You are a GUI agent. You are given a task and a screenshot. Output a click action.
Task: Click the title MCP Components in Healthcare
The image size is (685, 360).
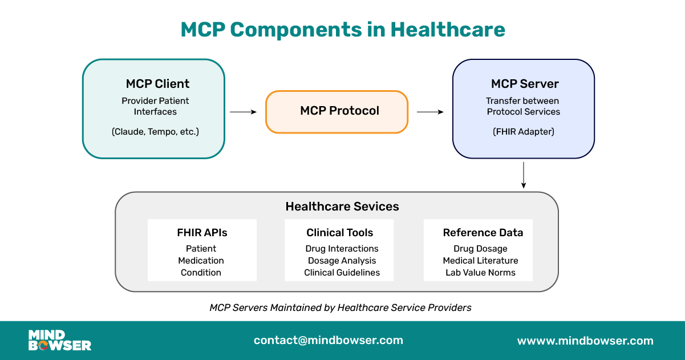point(343,30)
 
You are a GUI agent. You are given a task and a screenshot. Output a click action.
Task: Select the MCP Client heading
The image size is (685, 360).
point(157,84)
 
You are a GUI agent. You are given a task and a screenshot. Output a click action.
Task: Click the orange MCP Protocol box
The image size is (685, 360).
point(337,111)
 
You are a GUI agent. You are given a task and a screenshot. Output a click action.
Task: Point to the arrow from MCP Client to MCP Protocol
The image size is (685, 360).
point(244,112)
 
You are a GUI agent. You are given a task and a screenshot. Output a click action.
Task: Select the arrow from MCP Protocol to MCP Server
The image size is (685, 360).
point(430,112)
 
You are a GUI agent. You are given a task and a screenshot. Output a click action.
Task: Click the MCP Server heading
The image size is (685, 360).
point(525,84)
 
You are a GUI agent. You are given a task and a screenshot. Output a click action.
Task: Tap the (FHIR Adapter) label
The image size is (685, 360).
point(524,132)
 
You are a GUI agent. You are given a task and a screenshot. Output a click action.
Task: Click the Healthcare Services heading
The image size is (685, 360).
point(342,207)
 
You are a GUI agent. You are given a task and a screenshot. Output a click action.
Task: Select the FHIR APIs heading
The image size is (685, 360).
point(202,233)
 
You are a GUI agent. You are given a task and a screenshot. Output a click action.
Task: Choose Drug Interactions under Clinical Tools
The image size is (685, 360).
point(342,249)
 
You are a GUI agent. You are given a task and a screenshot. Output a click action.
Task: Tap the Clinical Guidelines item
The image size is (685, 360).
point(342,273)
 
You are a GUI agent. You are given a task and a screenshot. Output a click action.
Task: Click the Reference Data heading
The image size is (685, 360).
point(483,233)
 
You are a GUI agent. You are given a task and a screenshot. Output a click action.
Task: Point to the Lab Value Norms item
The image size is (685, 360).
point(480,273)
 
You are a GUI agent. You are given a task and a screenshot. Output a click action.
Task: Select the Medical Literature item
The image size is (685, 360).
point(480,261)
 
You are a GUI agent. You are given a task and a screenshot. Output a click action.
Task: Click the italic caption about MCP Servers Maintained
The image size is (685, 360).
point(341,308)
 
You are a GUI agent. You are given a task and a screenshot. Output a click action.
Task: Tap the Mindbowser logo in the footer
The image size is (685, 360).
point(60,340)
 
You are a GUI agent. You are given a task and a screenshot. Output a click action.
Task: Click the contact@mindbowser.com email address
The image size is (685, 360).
point(329,341)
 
